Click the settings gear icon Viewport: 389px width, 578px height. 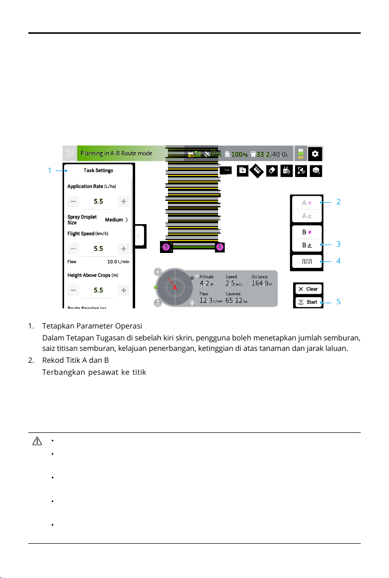315,154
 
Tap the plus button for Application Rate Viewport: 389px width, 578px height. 124,202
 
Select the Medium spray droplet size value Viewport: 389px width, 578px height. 117,220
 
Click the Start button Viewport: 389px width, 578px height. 308,302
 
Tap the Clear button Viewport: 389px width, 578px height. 308,289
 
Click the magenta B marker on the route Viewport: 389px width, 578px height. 166,247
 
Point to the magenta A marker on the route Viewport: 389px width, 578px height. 219,247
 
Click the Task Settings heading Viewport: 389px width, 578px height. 98,170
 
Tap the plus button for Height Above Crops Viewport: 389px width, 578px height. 124,290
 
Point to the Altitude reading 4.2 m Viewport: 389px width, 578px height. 206,284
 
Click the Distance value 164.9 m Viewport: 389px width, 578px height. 261,284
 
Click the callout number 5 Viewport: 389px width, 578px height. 338,302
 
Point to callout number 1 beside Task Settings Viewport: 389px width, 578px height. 50,170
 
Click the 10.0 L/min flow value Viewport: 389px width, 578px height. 118,261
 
